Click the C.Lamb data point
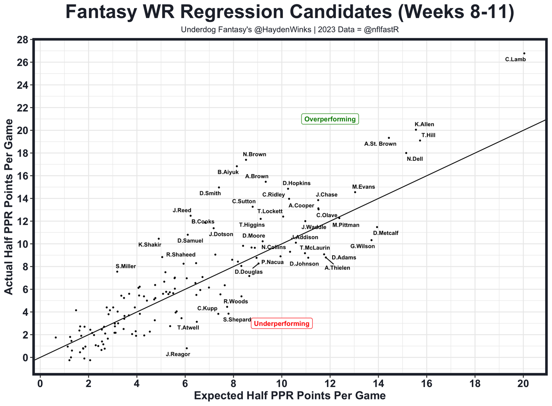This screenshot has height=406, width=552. click(x=524, y=53)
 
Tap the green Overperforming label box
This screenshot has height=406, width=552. click(x=330, y=119)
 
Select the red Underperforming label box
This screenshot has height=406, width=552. click(x=282, y=324)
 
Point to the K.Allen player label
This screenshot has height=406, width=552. click(x=424, y=125)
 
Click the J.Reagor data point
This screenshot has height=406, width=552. click(x=187, y=348)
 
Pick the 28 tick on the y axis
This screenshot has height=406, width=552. click(x=23, y=40)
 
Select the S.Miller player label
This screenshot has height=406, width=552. click(x=125, y=266)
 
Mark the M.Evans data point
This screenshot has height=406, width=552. click(x=355, y=192)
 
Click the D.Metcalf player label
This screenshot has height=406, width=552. click(x=386, y=233)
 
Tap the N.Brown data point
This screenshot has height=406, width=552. click(x=246, y=160)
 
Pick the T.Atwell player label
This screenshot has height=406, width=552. click(x=188, y=328)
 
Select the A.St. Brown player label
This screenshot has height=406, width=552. click(x=380, y=144)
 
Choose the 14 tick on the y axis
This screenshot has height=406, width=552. click(x=23, y=199)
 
